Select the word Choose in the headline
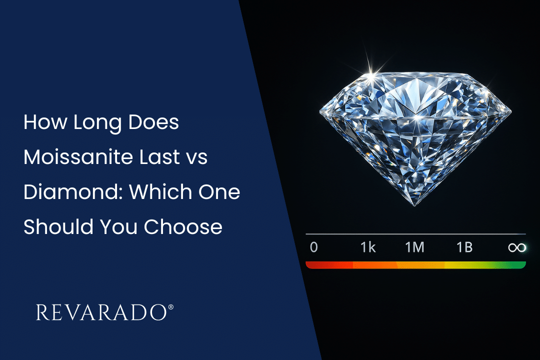point(183,226)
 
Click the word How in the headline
point(45,122)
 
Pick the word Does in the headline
point(153,122)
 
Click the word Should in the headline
point(58,226)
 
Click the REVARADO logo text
point(101,312)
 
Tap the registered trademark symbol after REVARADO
point(171,307)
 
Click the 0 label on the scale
point(313,247)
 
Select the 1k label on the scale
point(368,247)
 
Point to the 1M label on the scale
point(414,247)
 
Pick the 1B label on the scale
point(464,247)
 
